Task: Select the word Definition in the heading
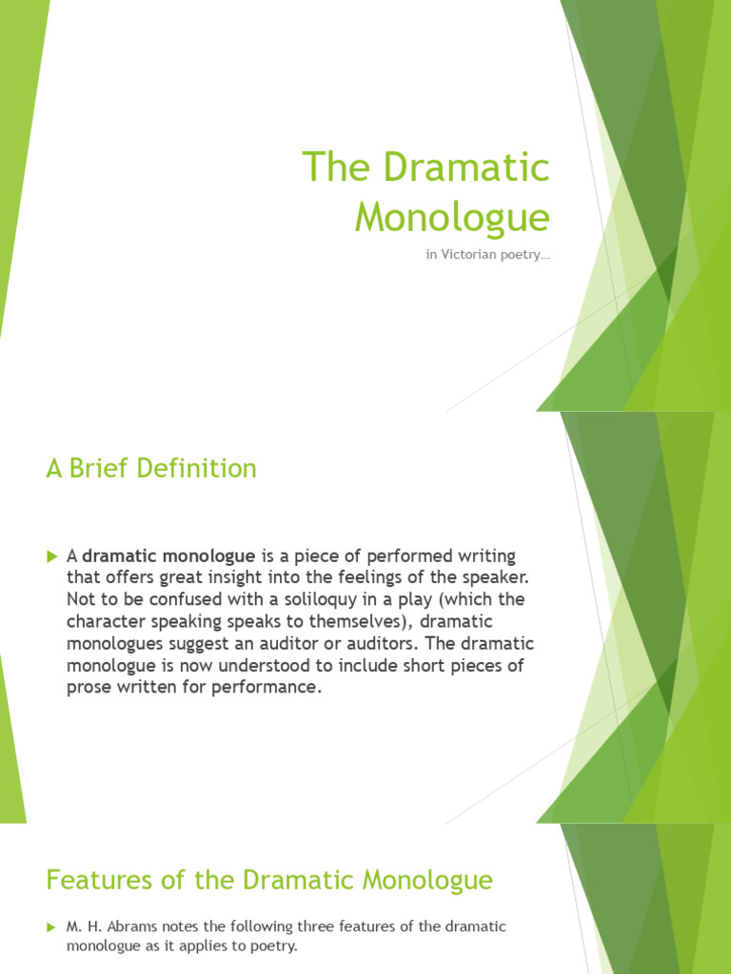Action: click(200, 469)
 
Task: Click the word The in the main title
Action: click(334, 168)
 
